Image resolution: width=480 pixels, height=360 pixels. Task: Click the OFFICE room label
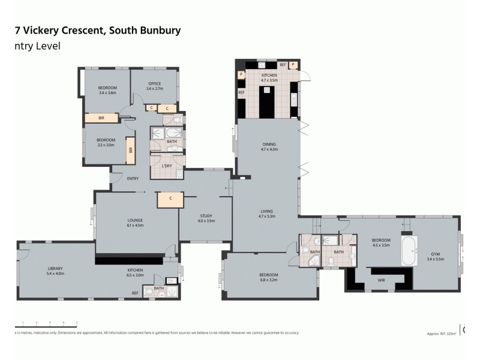coord(155,84)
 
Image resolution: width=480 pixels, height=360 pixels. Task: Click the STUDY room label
coord(206,215)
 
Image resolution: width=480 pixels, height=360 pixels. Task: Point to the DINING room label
coord(269,144)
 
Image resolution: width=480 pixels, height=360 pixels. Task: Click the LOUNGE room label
coord(134,220)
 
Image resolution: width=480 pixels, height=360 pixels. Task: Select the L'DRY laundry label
coord(167,166)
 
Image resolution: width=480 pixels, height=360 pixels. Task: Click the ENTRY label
coord(133,178)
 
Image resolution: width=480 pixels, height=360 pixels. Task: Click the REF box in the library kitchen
coord(136,293)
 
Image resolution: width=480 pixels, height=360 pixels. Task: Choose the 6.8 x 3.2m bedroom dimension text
coord(269,280)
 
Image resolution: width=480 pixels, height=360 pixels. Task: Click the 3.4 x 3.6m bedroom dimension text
coord(107,93)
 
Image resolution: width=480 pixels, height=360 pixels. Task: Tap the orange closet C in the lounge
coord(170,199)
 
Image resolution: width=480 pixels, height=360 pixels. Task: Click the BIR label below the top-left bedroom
coord(101,118)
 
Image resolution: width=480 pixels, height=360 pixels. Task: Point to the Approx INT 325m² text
coord(441,333)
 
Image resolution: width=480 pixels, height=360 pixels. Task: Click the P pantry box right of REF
coord(293,64)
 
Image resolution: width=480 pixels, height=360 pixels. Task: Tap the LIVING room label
coord(267,211)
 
